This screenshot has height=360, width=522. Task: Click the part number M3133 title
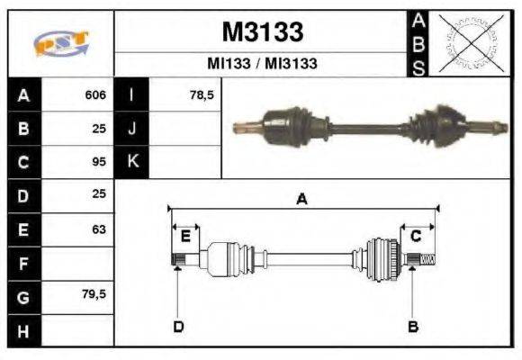point(262,32)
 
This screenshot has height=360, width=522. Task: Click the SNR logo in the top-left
point(60,44)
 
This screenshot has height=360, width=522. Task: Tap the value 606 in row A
point(95,94)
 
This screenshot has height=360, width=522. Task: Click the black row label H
point(23,330)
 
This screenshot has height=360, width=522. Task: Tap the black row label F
point(23,263)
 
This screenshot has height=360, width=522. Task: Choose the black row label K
point(131,162)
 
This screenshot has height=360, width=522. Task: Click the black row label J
point(131,129)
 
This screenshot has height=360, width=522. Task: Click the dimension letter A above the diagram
point(302,200)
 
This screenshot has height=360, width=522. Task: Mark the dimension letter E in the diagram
point(185,237)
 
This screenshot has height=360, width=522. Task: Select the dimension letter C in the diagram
point(416,237)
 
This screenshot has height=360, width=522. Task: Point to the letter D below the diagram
point(178,326)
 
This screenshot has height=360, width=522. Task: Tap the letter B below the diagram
point(413,326)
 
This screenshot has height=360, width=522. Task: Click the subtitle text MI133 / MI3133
point(262,64)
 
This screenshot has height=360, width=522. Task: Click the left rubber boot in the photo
point(288,121)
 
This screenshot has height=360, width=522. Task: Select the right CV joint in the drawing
point(382,258)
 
